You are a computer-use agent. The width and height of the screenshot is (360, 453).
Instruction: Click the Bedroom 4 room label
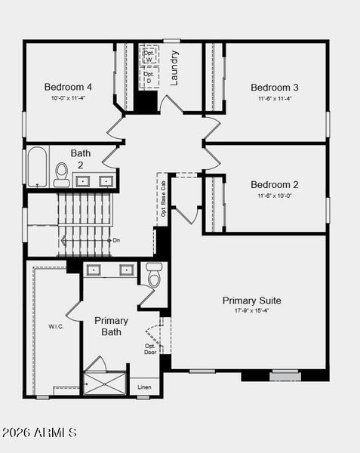[68, 86]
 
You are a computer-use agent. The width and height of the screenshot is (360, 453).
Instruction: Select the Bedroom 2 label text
[275, 184]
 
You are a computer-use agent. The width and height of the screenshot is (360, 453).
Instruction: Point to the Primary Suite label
[251, 300]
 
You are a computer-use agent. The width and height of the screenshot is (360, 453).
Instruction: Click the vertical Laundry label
[174, 67]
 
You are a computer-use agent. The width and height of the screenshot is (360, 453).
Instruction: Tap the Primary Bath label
[112, 326]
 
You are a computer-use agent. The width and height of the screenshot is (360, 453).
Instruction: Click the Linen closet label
[144, 387]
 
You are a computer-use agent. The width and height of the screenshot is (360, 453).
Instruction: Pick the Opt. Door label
[151, 349]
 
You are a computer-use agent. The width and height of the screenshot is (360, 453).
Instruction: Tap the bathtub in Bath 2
[38, 167]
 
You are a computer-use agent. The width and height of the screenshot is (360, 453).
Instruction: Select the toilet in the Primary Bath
[154, 276]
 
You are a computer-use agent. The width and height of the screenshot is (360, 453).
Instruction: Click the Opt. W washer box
[149, 55]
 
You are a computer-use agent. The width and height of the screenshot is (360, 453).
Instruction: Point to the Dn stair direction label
[115, 240]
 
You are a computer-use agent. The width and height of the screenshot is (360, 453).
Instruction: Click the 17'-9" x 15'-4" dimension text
[251, 310]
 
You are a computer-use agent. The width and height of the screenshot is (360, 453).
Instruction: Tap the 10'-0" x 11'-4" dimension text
[68, 97]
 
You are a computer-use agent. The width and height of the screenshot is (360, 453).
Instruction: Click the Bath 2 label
[81, 159]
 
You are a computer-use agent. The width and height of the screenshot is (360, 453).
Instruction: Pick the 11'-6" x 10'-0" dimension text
[275, 196]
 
